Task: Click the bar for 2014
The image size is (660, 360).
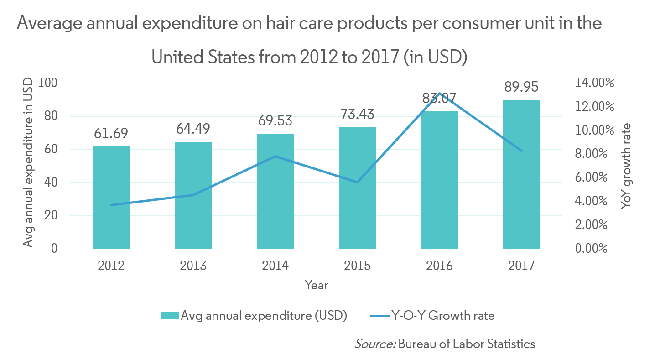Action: (275, 191)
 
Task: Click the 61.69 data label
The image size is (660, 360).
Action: (111, 134)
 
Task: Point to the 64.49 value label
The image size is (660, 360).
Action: (193, 129)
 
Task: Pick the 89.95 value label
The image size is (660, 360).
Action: (521, 87)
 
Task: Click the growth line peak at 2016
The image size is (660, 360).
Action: (439, 93)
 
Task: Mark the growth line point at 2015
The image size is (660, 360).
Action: (358, 182)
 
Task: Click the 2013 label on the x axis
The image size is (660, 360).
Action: (193, 266)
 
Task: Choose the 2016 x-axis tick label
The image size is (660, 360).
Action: (439, 266)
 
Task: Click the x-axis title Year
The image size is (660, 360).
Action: (316, 285)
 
